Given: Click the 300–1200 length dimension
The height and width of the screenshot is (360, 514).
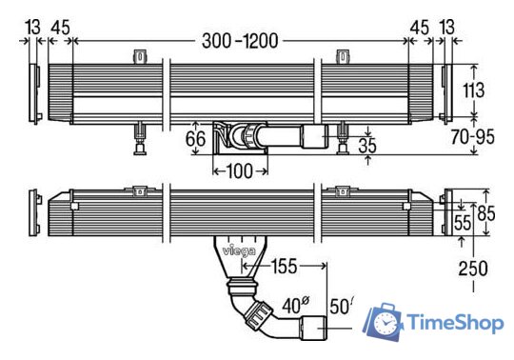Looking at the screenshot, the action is click(240, 41).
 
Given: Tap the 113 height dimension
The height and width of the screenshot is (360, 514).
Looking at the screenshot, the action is click(473, 90).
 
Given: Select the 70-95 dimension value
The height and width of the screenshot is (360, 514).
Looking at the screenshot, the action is click(472, 137).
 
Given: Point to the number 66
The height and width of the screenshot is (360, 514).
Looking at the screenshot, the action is click(196, 138).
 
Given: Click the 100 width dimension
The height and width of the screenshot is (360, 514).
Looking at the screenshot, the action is click(239, 170).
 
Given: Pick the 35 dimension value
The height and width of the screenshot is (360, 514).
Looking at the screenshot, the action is click(367, 146).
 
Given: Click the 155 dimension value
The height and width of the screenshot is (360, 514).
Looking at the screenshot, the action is click(284, 266).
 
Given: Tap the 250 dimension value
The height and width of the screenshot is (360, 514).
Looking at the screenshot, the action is click(473, 269).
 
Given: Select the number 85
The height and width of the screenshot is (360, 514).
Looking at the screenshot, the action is click(486, 213).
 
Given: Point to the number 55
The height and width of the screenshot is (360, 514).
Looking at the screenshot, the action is click(463, 223).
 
